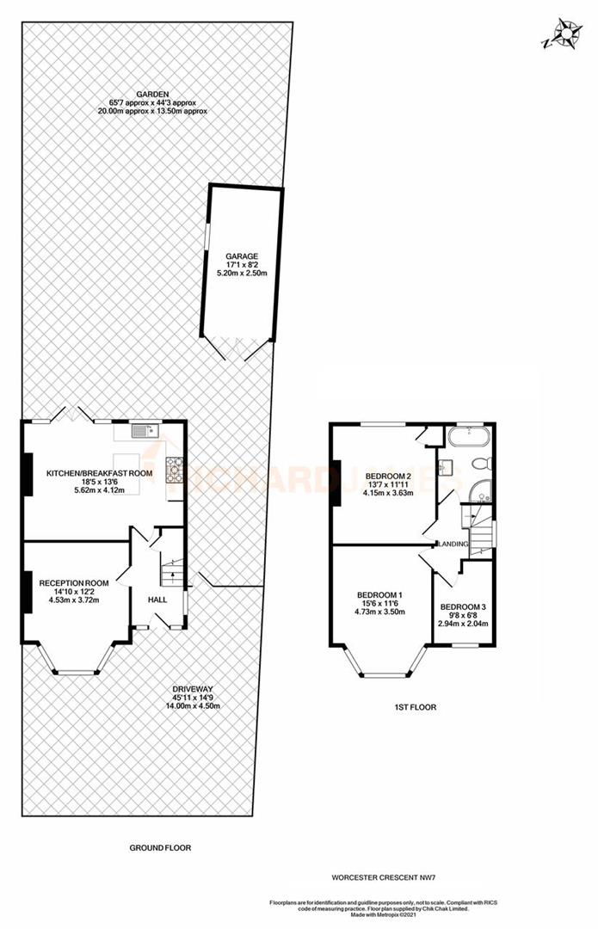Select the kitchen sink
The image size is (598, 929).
(x=143, y=428)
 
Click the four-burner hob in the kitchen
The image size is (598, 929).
(x=177, y=469)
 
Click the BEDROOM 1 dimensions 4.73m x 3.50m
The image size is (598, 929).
(x=380, y=612)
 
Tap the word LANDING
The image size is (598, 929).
(x=454, y=544)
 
